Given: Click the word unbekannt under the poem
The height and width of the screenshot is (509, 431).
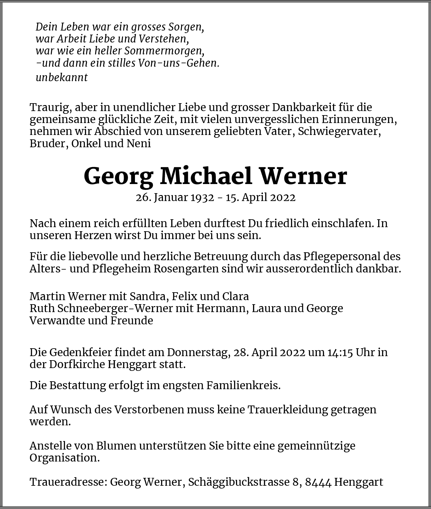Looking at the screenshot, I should (x=62, y=77).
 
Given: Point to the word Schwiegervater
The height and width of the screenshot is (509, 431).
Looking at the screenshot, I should (x=339, y=131).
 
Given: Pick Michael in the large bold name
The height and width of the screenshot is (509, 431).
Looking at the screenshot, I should (x=206, y=176).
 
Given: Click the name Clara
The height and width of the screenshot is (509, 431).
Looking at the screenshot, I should (x=236, y=296).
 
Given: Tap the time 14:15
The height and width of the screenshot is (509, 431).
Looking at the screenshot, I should (x=340, y=352).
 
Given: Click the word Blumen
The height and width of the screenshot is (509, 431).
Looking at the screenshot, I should (x=116, y=446).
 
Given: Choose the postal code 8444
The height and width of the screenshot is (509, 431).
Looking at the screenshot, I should (x=318, y=482).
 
